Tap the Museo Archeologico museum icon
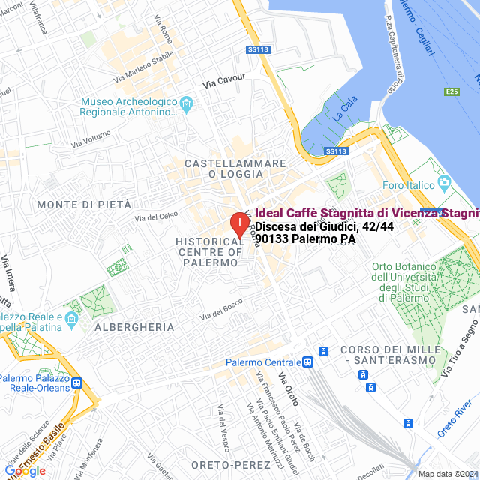click(187, 102)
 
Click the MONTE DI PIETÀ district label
click(83, 204)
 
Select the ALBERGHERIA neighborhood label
click(134, 327)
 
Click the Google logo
click(25, 470)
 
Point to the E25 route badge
click(451, 91)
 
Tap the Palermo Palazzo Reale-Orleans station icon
click(77, 383)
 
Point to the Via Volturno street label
click(91, 139)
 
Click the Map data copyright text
click(447, 474)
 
